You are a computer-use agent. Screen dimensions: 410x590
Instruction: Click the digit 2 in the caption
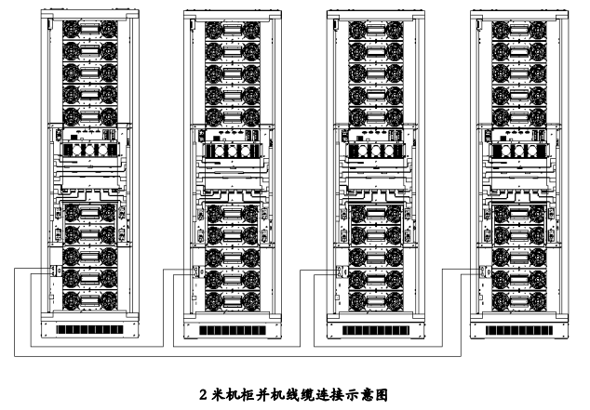click(204, 394)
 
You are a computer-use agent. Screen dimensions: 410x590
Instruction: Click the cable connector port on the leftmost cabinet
click(53, 272)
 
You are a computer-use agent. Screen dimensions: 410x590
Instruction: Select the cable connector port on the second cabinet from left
click(195, 272)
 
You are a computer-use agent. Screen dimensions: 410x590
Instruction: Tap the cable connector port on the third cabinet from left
click(339, 272)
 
